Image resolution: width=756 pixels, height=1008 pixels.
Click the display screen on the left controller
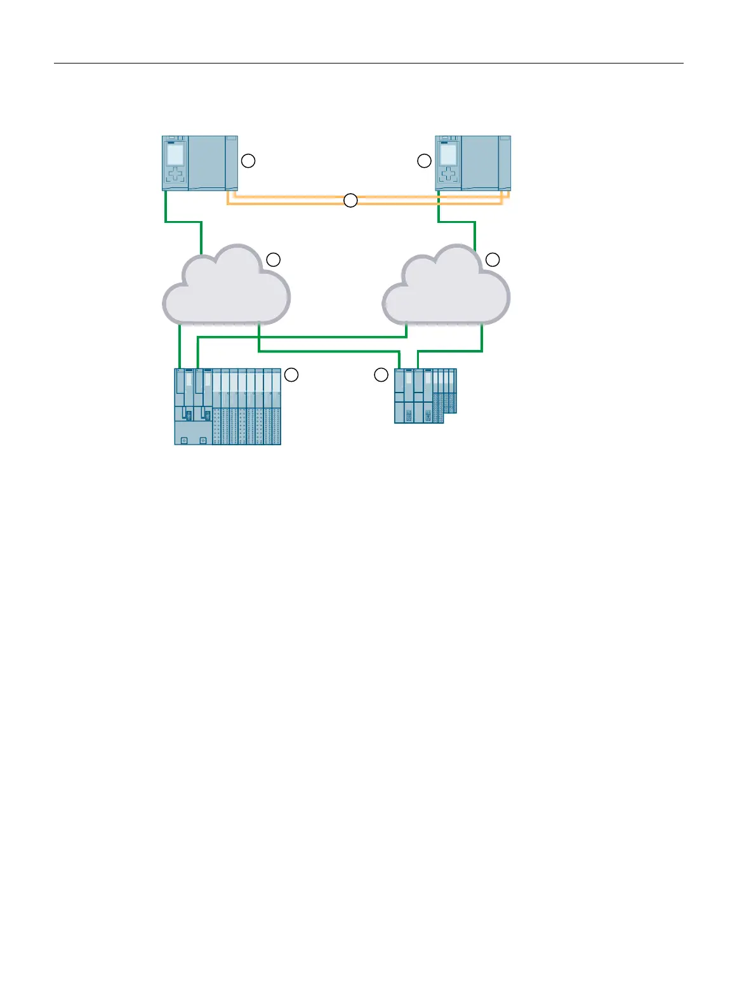click(175, 155)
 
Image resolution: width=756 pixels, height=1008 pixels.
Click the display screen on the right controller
click(448, 154)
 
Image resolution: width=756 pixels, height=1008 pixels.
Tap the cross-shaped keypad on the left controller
click(175, 175)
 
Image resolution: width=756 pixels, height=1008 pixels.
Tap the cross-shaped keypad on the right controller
click(448, 175)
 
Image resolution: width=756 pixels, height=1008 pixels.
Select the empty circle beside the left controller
click(248, 161)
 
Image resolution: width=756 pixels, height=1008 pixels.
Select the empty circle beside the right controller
click(424, 161)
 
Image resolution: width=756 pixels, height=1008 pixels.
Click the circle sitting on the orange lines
click(350, 201)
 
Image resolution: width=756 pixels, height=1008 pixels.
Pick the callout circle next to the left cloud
click(273, 259)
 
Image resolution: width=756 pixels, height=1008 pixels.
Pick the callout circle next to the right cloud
click(493, 259)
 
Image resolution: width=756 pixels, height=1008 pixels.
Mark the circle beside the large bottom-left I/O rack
click(291, 375)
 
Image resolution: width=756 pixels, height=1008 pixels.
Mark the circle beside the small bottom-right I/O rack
click(381, 375)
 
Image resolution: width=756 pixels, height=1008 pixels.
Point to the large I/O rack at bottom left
click(227, 407)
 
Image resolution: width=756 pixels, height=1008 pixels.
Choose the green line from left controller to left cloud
click(183, 222)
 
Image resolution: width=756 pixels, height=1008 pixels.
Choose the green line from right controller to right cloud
click(456, 222)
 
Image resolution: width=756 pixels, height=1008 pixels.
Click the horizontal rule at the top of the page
click(368, 64)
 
